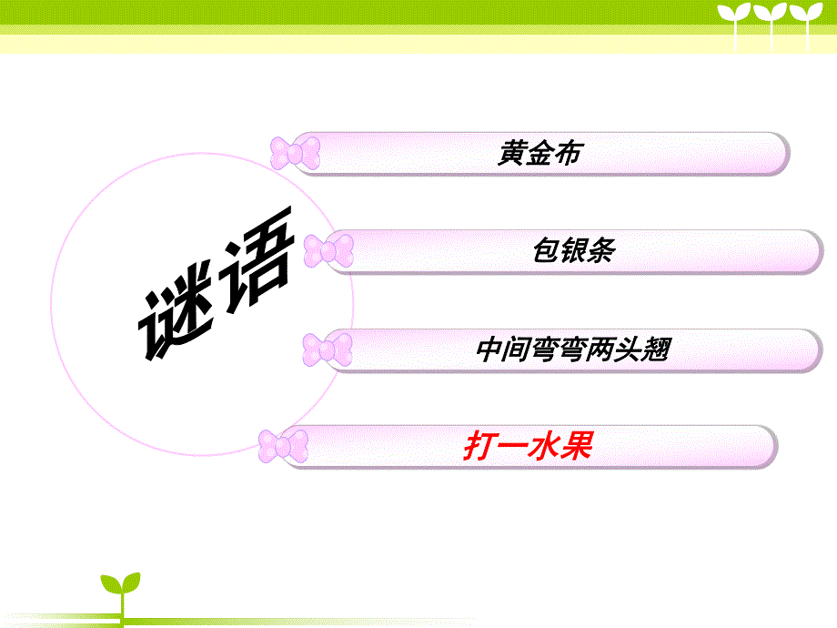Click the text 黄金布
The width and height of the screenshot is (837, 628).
click(539, 153)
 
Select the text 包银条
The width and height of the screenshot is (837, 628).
click(573, 250)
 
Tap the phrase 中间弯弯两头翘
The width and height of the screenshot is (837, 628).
click(572, 349)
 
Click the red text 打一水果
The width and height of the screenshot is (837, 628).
click(528, 447)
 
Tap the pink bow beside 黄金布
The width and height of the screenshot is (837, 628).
click(296, 153)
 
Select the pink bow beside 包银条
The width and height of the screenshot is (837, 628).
click(328, 250)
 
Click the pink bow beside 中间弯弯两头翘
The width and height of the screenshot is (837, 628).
click(328, 349)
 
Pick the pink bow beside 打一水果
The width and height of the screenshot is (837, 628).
click(283, 446)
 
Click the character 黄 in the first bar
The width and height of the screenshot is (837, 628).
click(511, 153)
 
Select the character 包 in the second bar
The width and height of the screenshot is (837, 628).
click(547, 250)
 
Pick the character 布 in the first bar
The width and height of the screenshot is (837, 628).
click(567, 153)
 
